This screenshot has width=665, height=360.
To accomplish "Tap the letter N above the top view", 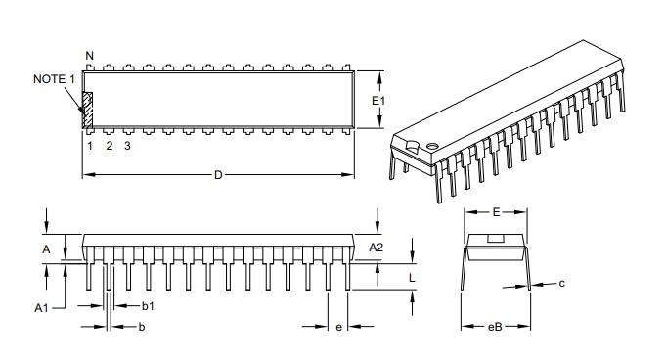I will pyautogui.click(x=89, y=55).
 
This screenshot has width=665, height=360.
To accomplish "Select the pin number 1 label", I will pyautogui.click(x=89, y=146).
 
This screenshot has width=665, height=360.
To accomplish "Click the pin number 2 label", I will pyautogui.click(x=109, y=146).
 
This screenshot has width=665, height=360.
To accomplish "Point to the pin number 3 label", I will pyautogui.click(x=128, y=146).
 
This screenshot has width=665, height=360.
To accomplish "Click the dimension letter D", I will pyautogui.click(x=218, y=175).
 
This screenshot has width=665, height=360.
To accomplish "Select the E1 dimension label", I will pyautogui.click(x=381, y=101).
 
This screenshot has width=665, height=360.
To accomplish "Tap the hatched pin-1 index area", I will pyautogui.click(x=87, y=110).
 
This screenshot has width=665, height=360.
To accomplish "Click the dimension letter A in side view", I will pyautogui.click(x=46, y=249).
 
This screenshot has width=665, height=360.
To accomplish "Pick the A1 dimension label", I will pyautogui.click(x=42, y=307).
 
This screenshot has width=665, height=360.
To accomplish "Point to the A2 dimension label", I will pyautogui.click(x=377, y=247).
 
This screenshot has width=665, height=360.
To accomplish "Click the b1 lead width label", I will pyautogui.click(x=148, y=306).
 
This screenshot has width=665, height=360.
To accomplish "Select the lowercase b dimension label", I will pyautogui.click(x=142, y=326).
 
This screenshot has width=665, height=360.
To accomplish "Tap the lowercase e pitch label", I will pyautogui.click(x=338, y=327).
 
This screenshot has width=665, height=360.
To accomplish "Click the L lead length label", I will pyautogui.click(x=412, y=277).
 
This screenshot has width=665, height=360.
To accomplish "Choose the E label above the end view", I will pyautogui.click(x=496, y=211).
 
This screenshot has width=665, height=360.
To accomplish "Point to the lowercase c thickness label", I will pyautogui.click(x=562, y=284).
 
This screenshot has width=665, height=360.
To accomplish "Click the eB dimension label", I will pyautogui.click(x=495, y=327).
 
